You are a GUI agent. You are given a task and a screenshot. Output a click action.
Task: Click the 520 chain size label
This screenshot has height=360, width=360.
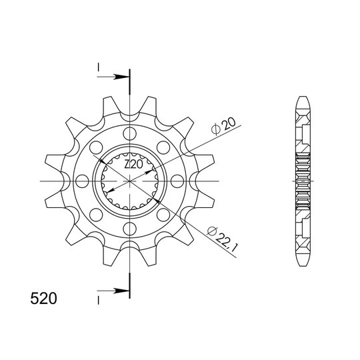(x=43, y=299)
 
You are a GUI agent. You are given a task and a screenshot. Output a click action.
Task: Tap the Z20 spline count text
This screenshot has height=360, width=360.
(x=133, y=165)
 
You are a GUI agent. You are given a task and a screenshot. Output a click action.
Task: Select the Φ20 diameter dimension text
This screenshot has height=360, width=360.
(x=223, y=126)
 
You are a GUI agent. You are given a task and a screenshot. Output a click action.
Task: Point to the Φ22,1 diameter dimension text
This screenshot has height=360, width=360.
(x=222, y=239)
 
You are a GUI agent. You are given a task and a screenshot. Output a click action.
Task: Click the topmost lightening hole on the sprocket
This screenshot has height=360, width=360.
(x=130, y=133)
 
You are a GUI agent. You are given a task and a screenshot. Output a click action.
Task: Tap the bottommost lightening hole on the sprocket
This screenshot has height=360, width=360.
(x=130, y=229)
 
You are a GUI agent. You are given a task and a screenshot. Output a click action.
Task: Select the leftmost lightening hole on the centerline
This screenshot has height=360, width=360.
(x=82, y=181)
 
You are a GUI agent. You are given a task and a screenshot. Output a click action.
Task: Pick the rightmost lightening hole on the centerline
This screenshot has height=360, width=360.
(x=177, y=181)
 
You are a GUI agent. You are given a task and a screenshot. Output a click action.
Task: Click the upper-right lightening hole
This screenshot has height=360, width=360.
(x=163, y=147)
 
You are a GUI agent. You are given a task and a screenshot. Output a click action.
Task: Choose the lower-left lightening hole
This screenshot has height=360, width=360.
(x=96, y=215)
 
